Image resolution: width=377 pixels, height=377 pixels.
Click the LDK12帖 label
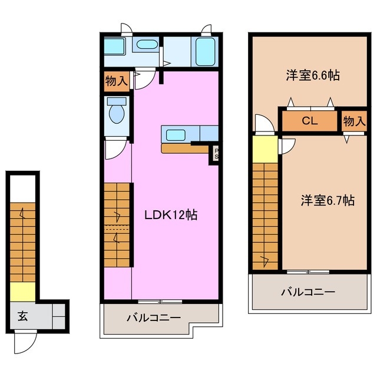click(x=171, y=216)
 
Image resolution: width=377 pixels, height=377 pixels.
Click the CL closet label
click(x=310, y=122)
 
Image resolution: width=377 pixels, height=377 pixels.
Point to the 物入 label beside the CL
click(x=355, y=122)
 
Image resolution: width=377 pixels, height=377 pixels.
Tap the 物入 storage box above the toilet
click(x=117, y=80)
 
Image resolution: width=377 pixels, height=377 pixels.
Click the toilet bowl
click(x=117, y=115)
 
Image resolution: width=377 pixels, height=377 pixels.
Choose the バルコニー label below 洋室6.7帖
click(x=307, y=291)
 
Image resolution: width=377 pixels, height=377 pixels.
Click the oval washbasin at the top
click(x=145, y=44)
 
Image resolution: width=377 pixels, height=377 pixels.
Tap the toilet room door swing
click(x=114, y=150)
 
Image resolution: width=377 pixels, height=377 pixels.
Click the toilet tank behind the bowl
click(x=115, y=101)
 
